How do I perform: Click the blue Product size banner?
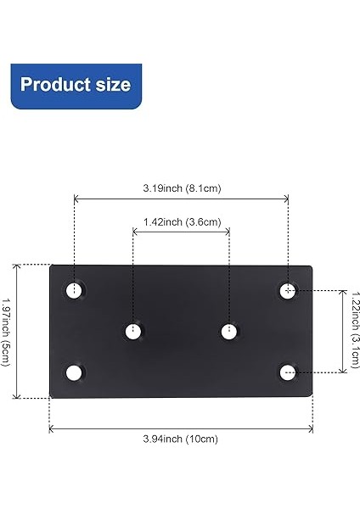point(76,85)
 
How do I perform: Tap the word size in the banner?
point(115,85)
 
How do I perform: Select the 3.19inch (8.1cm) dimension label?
point(181,187)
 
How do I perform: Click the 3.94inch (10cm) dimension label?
point(180,439)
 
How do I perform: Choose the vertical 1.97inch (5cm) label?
point(7,331)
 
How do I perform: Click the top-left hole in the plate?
point(75,291)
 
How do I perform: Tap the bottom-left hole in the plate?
point(75,372)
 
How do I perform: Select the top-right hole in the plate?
point(288,291)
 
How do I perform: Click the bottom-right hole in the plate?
point(288,371)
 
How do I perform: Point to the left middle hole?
point(133,331)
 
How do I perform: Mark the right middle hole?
point(228,331)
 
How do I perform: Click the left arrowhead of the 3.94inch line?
point(52,428)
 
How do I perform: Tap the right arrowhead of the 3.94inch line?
point(311,428)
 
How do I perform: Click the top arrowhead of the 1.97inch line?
point(17,266)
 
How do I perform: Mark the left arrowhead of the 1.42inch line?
point(135,232)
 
